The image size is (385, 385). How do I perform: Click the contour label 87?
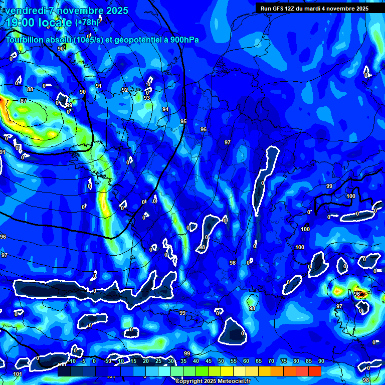click(x=23, y=101)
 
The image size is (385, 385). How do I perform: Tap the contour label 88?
click(x=30, y=89)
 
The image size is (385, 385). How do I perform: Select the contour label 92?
click(x=125, y=90)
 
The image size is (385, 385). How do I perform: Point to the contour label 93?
click(x=147, y=98)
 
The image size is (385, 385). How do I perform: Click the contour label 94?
click(x=165, y=109)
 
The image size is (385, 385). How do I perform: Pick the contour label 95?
click(x=183, y=121)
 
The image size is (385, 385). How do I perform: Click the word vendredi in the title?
click(x=27, y=11)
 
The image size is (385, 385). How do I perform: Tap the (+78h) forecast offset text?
click(x=87, y=23)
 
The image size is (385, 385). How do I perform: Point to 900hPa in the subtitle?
click(x=184, y=40)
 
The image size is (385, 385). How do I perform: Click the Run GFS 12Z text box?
click(x=314, y=9)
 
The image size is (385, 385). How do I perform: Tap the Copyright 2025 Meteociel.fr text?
click(x=213, y=381)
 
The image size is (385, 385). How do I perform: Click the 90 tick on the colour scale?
click(x=321, y=361)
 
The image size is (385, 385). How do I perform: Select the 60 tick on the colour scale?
click(x=246, y=361)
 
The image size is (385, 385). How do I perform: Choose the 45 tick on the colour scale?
click(x=208, y=361)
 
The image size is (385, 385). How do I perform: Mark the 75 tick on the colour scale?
click(x=283, y=361)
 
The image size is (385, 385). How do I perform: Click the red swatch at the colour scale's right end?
click(x=315, y=371)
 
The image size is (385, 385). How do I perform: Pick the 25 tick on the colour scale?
click(x=158, y=361)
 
